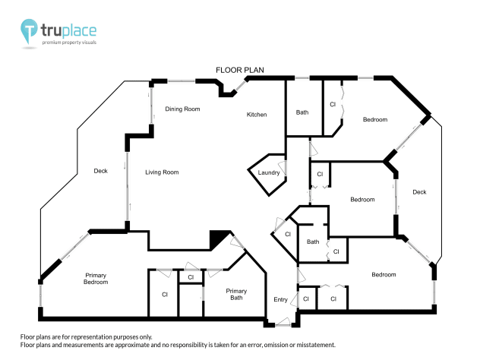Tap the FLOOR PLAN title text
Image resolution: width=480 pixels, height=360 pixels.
(239, 70)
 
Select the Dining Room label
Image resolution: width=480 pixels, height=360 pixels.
(182, 109)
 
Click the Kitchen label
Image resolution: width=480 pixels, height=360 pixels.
(257, 115)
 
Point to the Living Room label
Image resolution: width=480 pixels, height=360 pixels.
(162, 172)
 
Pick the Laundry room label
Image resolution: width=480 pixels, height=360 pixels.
(269, 173)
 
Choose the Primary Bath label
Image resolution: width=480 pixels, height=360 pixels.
(236, 295)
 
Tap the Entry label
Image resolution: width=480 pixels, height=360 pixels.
(280, 300)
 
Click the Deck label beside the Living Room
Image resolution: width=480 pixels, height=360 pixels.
(101, 171)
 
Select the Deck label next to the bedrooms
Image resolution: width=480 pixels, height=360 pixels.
(419, 192)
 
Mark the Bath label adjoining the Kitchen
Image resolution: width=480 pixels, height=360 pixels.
(302, 112)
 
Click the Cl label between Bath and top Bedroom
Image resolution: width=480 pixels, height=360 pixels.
(333, 105)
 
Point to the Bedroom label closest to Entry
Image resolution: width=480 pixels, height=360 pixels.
(384, 274)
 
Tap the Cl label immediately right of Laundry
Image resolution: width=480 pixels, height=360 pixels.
(320, 175)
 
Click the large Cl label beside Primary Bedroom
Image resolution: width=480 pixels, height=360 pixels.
(164, 294)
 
